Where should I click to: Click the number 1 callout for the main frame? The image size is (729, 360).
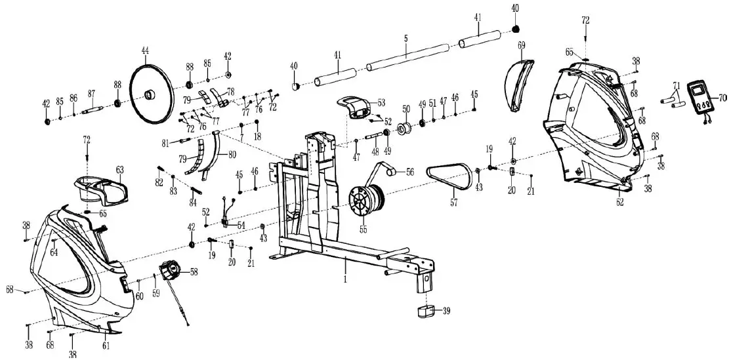coord(345,279)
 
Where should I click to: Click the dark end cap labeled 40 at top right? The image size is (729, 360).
coord(516,28)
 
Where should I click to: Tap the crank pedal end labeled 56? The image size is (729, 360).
coord(392,172)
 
